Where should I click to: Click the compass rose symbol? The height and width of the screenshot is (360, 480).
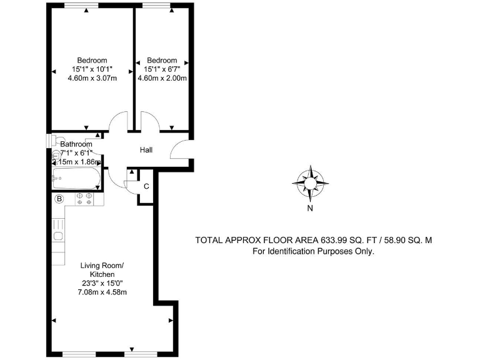pyautogui.click(x=310, y=182)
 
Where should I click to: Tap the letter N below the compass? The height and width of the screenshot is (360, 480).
pyautogui.click(x=310, y=209)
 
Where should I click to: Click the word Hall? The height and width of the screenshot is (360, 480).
pyautogui.click(x=146, y=150)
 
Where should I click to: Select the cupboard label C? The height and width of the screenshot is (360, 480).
pyautogui.click(x=146, y=186)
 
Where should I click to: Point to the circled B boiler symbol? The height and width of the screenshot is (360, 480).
pyautogui.click(x=59, y=199)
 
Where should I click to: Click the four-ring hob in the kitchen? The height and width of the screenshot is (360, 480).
pyautogui.click(x=84, y=199)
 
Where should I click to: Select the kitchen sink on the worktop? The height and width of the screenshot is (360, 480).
pyautogui.click(x=58, y=236)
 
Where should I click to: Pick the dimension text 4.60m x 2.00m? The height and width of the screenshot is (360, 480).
pyautogui.click(x=162, y=79)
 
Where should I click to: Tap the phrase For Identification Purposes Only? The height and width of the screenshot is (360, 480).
pyautogui.click(x=313, y=252)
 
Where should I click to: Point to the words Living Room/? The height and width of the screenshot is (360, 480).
pyautogui.click(x=102, y=266)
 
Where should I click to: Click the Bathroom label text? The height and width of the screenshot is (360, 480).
pyautogui.click(x=76, y=144)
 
